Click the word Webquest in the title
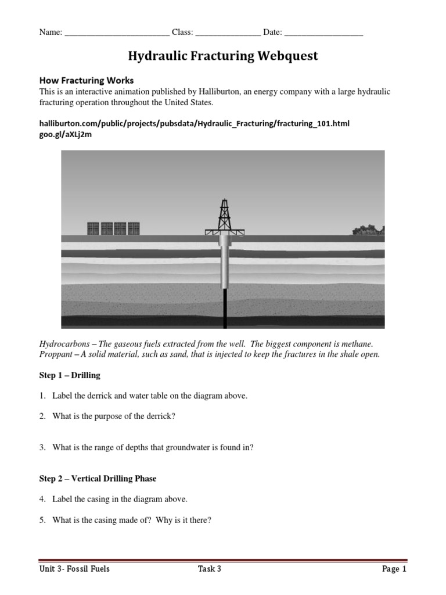[289, 56]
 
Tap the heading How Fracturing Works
[86, 80]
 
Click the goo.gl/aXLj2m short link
[65, 135]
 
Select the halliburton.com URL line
[194, 124]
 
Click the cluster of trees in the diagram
[368, 230]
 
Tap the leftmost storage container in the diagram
[93, 228]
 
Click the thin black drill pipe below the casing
[225, 305]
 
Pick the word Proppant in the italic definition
[57, 354]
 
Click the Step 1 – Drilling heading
[70, 375]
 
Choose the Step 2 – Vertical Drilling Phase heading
[98, 479]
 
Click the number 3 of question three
[42, 447]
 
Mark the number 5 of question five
[42, 520]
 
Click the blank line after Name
[117, 34]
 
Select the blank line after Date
[324, 34]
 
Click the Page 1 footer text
[394, 569]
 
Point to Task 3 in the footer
[210, 569]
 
